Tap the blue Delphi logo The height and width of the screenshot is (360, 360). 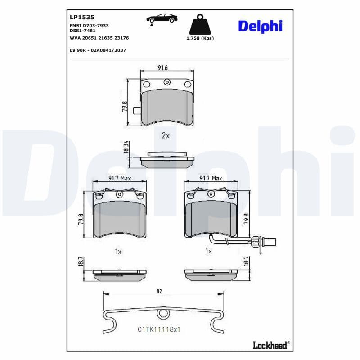[260, 26]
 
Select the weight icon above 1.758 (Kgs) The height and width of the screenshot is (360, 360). [200, 25]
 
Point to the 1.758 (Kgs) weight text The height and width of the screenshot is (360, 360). [200, 38]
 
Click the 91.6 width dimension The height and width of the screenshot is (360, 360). [162, 68]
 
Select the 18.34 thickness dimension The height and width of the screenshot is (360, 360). [126, 148]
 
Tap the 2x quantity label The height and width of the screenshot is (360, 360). [165, 135]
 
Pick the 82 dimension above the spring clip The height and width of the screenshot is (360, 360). [159, 292]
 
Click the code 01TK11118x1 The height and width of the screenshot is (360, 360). [159, 329]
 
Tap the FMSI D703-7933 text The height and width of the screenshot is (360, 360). [89, 26]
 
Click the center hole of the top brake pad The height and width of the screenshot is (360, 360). [167, 82]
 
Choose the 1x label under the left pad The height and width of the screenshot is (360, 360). [118, 252]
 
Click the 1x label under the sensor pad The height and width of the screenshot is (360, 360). [208, 252]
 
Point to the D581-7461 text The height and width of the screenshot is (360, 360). [83, 31]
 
